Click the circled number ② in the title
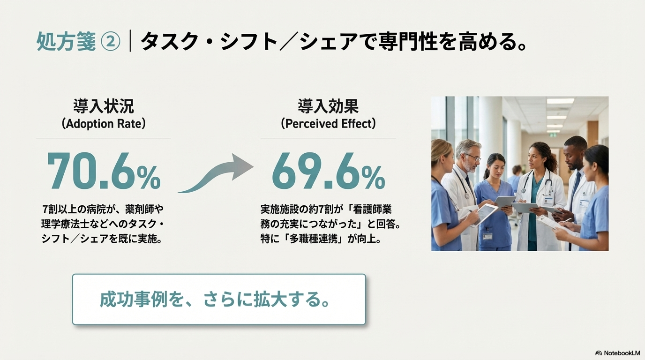[111, 41]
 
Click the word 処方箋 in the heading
[66, 41]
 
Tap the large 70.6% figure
[104, 171]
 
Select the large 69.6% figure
[328, 171]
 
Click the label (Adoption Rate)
[104, 124]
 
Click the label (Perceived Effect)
[328, 124]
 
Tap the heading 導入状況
[104, 106]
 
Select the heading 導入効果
[328, 106]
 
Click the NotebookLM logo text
[622, 353]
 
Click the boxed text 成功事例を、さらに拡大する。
[215, 300]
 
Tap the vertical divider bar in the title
[130, 41]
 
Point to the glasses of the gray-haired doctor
[473, 157]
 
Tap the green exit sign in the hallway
[551, 134]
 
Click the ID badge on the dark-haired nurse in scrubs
[487, 236]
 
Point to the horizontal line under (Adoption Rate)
[104, 138]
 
